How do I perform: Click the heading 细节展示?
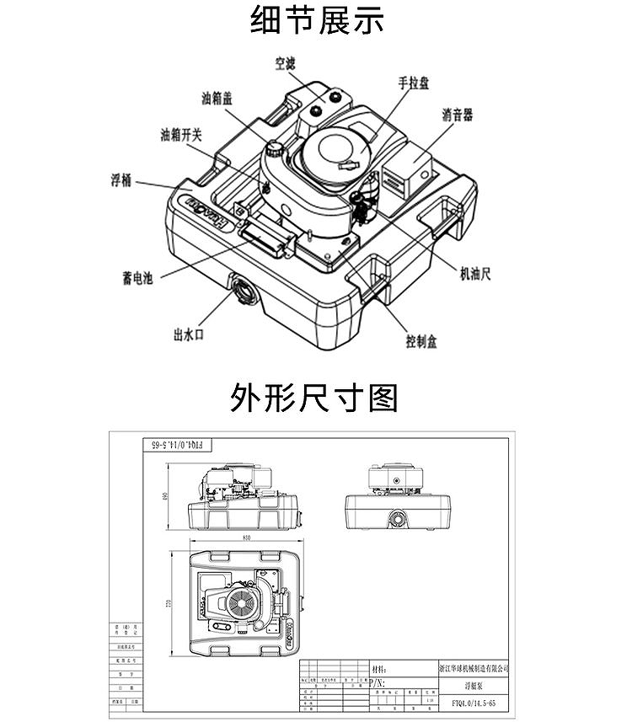pyautogui.click(x=317, y=20)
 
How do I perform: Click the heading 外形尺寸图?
pyautogui.click(x=314, y=397)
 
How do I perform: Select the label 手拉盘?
pyautogui.click(x=415, y=83)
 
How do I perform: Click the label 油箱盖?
pyautogui.click(x=217, y=98)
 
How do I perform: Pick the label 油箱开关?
pyautogui.click(x=182, y=136)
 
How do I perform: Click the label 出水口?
pyautogui.click(x=189, y=334)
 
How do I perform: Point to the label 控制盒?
pyautogui.click(x=421, y=342)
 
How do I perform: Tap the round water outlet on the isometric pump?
pyautogui.click(x=241, y=290)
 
